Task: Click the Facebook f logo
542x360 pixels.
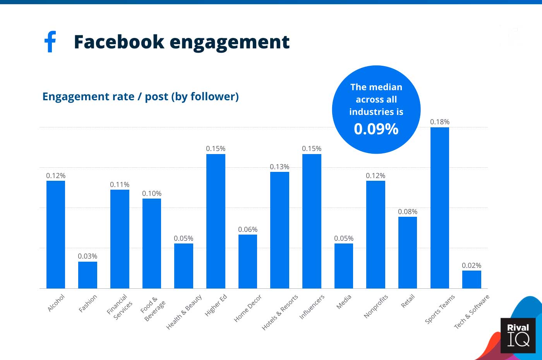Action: (x=50, y=41)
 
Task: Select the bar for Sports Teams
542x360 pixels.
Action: (x=439, y=208)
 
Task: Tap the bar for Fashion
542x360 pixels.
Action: (x=87, y=275)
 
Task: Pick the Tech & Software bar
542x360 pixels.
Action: (x=472, y=279)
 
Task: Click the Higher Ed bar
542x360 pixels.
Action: (x=216, y=221)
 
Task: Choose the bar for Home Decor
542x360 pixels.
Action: (x=248, y=261)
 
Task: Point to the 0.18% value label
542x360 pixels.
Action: (x=440, y=122)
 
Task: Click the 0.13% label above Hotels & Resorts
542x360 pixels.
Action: (x=280, y=167)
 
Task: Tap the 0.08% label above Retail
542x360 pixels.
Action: (x=408, y=212)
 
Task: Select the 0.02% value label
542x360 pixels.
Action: (x=472, y=266)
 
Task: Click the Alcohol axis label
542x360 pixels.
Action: (x=56, y=303)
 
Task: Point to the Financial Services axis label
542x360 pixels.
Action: (x=120, y=307)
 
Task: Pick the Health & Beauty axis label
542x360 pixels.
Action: (x=184, y=312)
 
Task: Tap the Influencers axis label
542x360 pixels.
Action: (x=312, y=307)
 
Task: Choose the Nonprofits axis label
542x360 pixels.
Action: (x=376, y=306)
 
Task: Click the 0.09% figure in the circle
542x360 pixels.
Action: (x=376, y=129)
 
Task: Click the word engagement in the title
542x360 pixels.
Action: (x=230, y=42)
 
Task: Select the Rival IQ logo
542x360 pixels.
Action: (x=518, y=335)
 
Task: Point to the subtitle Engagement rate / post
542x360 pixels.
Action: (x=140, y=96)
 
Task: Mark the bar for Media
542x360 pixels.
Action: (x=344, y=266)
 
